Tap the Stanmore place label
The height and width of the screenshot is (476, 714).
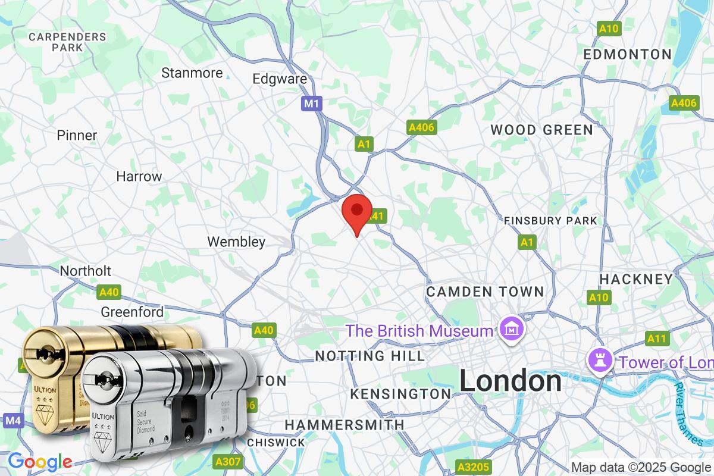[192, 73]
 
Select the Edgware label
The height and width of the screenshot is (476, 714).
[280, 79]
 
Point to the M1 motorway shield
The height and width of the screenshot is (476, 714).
[312, 104]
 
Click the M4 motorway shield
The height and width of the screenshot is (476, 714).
[13, 421]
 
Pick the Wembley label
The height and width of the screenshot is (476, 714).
[236, 242]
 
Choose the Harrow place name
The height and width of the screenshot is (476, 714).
[139, 177]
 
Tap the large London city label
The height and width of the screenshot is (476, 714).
[511, 381]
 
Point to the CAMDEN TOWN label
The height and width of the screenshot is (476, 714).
[485, 292]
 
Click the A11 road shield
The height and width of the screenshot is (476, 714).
[656, 339]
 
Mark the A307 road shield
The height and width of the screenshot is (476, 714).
[227, 461]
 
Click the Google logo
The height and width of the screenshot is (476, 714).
[40, 461]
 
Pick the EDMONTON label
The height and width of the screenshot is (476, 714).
[627, 54]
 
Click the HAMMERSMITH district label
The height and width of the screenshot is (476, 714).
[345, 425]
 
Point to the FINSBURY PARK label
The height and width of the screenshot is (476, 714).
[550, 221]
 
